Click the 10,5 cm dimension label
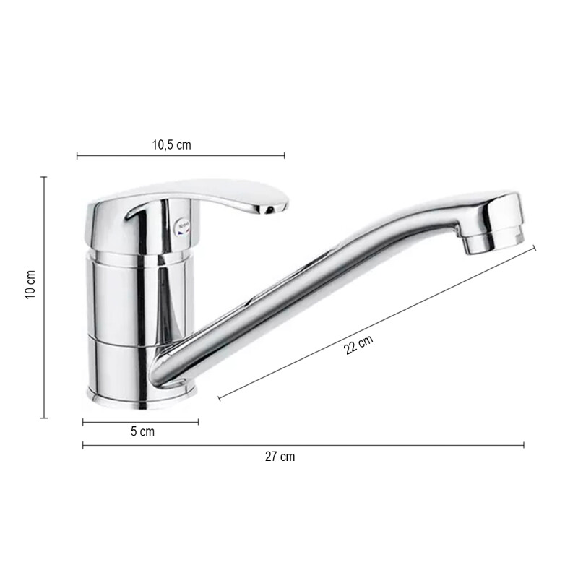click(x=171, y=144)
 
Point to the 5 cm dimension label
click(x=142, y=432)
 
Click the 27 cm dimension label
click(x=280, y=457)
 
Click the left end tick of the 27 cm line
click(x=83, y=445)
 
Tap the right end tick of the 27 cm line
click(x=524, y=445)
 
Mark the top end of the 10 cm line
click(x=44, y=177)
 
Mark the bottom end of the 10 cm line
click(x=44, y=417)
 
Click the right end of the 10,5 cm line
click(x=284, y=155)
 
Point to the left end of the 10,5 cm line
click(x=77, y=155)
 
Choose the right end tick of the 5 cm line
click(x=198, y=422)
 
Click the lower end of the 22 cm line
click(x=219, y=398)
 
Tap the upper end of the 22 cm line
click(x=535, y=247)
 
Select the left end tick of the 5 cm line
click(x=83, y=422)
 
